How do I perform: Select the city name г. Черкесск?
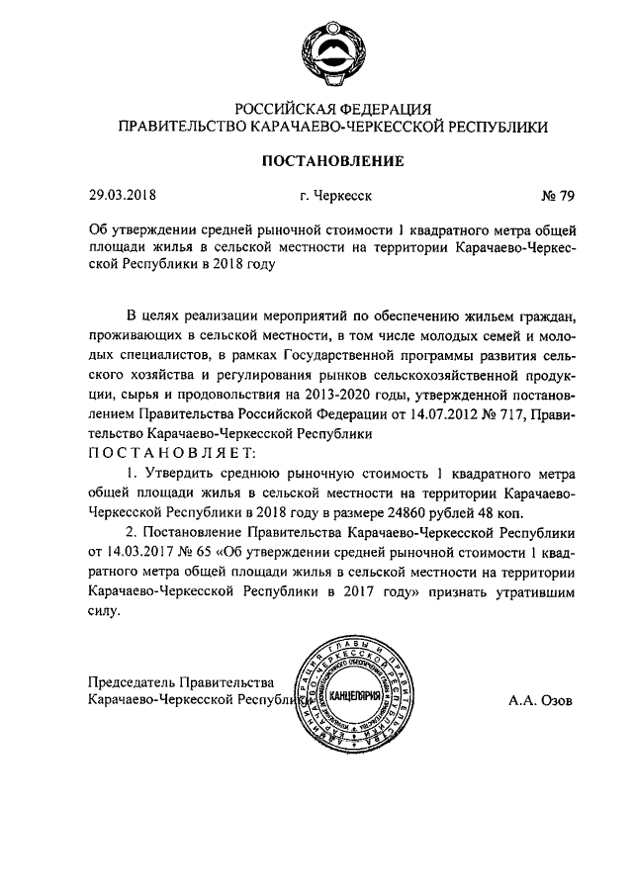tap(336, 197)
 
